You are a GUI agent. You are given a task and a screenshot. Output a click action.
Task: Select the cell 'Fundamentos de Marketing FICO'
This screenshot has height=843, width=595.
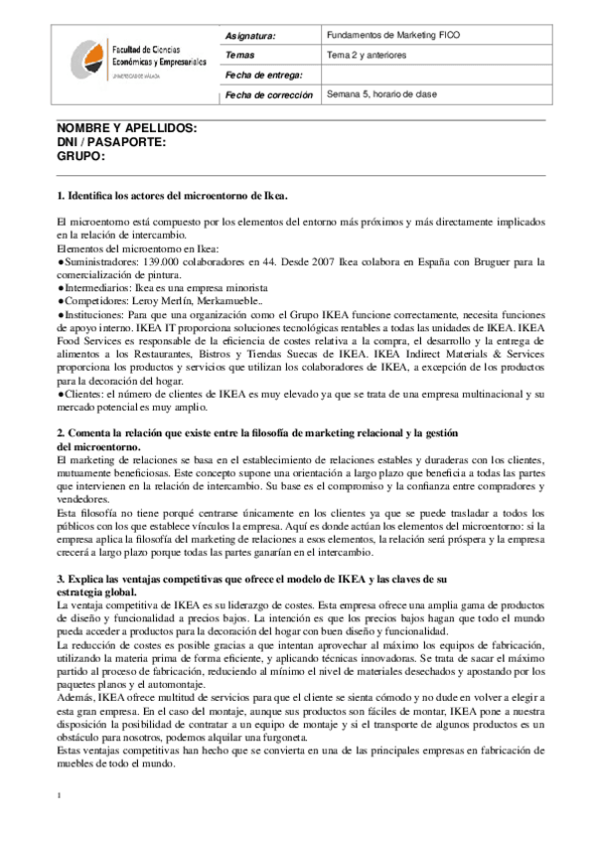click(386, 35)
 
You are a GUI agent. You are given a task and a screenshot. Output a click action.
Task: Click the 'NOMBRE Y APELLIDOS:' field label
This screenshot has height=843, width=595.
click(127, 129)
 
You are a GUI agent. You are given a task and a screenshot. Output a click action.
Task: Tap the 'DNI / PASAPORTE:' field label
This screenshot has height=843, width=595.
click(111, 143)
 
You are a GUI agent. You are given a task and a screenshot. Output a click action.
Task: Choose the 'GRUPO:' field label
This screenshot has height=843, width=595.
click(80, 157)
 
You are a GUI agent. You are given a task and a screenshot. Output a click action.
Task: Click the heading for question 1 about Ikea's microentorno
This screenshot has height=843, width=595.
click(174, 195)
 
